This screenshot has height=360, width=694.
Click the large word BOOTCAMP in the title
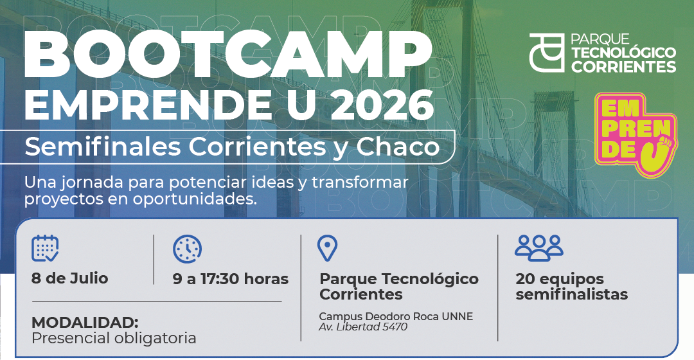coord(228,54)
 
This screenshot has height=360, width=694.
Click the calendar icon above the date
coord(45,248)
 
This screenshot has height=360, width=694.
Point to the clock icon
coord(187,248)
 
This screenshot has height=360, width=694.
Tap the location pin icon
coord(328,248)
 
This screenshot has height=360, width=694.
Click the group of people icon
coord(538,248)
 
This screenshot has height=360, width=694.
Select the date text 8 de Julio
coord(70,278)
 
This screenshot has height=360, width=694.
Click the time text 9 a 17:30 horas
coord(231,279)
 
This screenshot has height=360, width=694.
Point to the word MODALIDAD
coord(85,322)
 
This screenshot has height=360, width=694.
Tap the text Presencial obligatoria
coord(114,338)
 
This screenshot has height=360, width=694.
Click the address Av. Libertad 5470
coord(363,327)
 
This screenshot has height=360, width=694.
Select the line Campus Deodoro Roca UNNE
coord(396,316)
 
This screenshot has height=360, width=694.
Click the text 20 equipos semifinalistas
coord(572,287)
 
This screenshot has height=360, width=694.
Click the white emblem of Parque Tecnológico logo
coord(547,53)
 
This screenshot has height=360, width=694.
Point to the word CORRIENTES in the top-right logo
coord(623,67)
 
